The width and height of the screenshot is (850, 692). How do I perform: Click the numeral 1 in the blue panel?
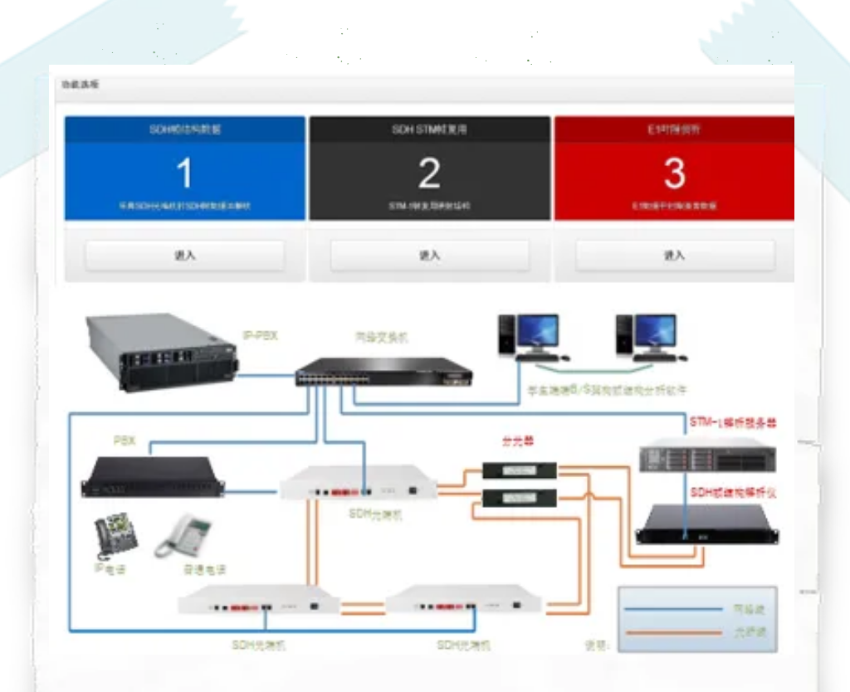[x=184, y=173]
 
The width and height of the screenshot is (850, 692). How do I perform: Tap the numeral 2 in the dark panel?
[x=429, y=173]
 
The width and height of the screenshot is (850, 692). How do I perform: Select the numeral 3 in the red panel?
[x=674, y=173]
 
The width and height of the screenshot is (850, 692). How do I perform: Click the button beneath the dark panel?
[x=429, y=256]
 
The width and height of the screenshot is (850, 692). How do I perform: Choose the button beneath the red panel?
[x=674, y=256]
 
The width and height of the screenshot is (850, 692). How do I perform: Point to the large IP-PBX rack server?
[x=162, y=353]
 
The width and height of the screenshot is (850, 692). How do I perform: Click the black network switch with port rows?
[x=383, y=372]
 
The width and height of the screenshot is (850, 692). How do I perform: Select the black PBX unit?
[x=153, y=478]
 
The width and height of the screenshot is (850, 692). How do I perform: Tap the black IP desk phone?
[x=115, y=535]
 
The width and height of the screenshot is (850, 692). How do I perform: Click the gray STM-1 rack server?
[x=707, y=456]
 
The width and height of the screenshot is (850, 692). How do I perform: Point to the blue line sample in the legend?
[x=673, y=609]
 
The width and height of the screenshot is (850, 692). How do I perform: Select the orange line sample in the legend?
[x=673, y=632]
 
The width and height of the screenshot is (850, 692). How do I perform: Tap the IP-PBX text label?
[x=260, y=336]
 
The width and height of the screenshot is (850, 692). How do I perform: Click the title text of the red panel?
[x=674, y=129]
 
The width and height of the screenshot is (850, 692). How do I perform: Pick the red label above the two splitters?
[x=517, y=441]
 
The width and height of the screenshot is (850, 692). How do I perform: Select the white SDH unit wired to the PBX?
[x=358, y=483]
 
